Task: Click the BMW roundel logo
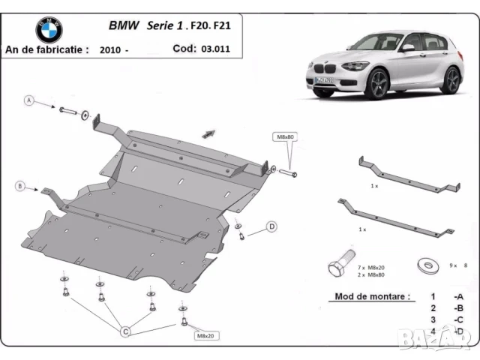(x=49, y=30)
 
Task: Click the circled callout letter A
(x=29, y=100)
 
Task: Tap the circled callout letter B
(x=20, y=186)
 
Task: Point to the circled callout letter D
(x=271, y=226)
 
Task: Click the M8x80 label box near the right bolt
(x=283, y=136)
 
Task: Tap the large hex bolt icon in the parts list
(x=337, y=265)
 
